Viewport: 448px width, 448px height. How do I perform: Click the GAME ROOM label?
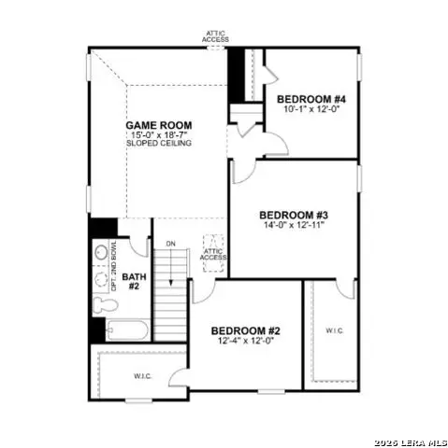(x=160, y=124)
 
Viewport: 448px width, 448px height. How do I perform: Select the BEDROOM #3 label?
(x=293, y=214)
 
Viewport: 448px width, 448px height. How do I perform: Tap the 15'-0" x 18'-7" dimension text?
(x=160, y=134)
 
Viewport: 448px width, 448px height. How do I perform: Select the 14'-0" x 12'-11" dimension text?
(x=293, y=225)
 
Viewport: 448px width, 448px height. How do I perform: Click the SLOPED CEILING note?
(x=160, y=145)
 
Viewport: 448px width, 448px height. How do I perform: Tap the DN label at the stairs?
(x=170, y=245)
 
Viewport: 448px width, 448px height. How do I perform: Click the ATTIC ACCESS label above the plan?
(x=216, y=36)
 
